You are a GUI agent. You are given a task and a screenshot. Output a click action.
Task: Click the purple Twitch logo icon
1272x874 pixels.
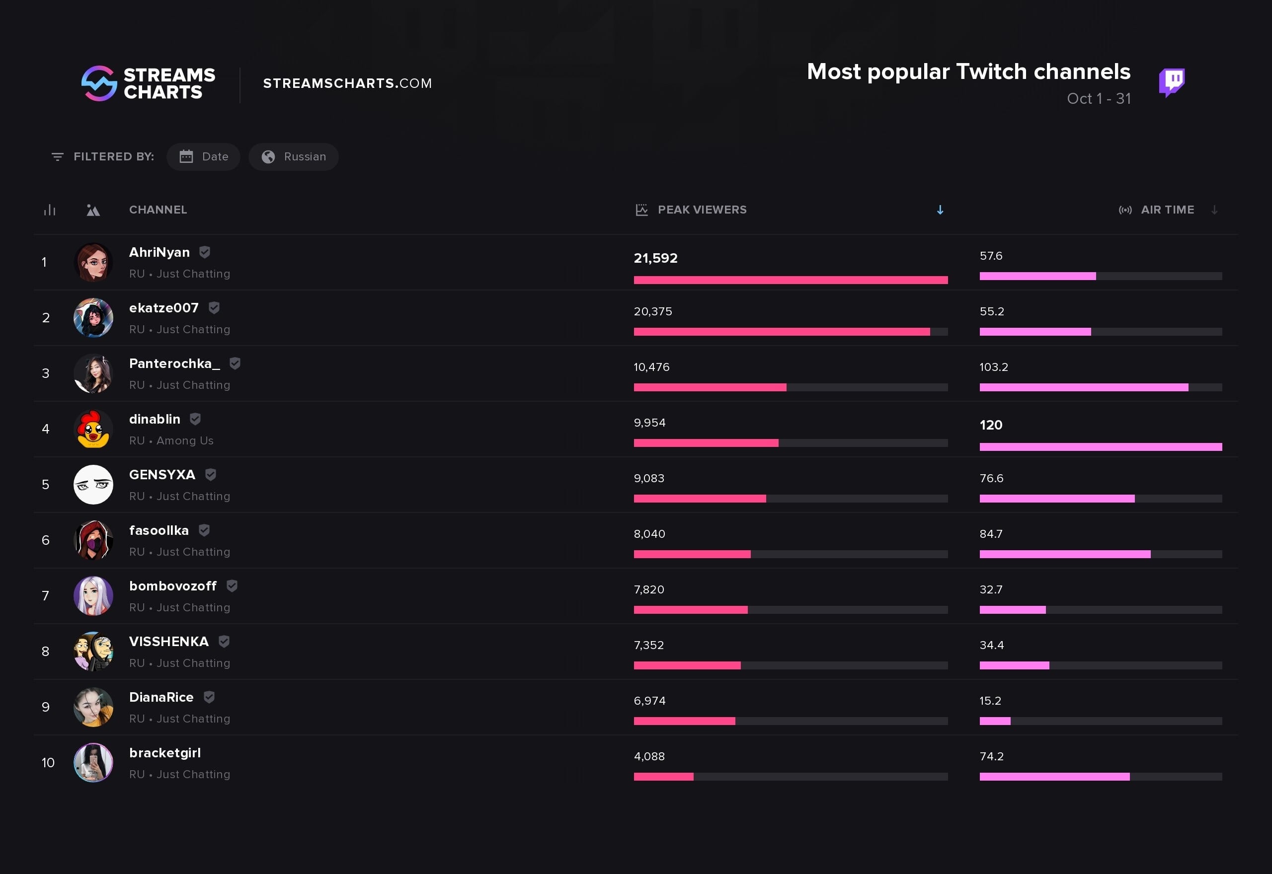(1171, 82)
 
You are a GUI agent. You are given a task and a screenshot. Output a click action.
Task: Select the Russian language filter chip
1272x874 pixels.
(294, 156)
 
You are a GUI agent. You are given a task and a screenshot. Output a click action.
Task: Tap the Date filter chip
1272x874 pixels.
(203, 156)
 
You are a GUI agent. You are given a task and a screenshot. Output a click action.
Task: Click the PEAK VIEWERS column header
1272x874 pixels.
(701, 210)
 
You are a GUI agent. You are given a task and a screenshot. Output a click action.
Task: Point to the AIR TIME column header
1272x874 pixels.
(1167, 210)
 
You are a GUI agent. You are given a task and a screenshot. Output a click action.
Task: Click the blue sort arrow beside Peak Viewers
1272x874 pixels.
(940, 210)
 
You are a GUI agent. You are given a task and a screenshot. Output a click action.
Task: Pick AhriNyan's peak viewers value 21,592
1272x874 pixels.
(655, 258)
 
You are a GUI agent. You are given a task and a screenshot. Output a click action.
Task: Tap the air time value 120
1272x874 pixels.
(990, 425)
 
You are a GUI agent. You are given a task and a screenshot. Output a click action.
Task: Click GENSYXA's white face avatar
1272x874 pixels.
(93, 485)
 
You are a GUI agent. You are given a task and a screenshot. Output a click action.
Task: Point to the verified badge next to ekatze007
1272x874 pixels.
(214, 308)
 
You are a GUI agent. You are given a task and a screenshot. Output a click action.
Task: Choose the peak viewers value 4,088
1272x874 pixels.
(649, 756)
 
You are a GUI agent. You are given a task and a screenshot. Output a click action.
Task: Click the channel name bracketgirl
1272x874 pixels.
(165, 753)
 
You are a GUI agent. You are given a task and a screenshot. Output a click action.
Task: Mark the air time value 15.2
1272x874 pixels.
(990, 700)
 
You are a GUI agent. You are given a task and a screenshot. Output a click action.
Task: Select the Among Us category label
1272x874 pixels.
(185, 441)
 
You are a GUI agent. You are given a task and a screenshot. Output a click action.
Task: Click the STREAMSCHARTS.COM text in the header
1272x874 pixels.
(347, 83)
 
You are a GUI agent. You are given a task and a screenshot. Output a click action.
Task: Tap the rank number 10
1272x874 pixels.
(48, 762)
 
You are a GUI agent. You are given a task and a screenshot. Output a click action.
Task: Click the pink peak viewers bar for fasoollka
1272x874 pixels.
(692, 554)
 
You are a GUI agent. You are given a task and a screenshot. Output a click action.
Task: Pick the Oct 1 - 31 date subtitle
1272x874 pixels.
(1099, 98)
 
